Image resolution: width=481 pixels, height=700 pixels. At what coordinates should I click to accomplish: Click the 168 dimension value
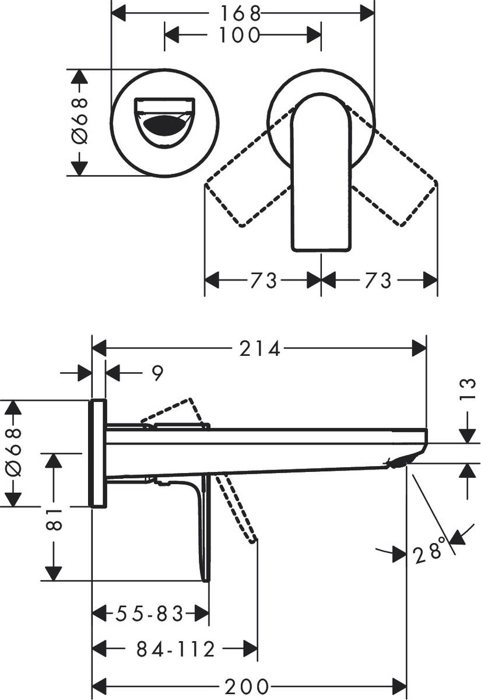click(240, 13)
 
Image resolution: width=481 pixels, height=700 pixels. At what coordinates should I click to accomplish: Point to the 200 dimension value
click(247, 687)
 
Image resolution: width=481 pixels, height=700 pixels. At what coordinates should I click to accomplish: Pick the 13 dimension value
click(468, 390)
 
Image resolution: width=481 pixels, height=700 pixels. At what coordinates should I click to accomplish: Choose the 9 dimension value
click(158, 373)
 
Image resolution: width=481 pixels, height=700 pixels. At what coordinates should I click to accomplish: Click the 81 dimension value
click(54, 520)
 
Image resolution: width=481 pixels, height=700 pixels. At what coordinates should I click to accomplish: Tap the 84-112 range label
click(176, 649)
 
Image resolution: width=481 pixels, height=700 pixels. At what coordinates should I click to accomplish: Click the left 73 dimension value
click(263, 280)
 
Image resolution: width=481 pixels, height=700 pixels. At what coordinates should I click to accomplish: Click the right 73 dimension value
click(378, 280)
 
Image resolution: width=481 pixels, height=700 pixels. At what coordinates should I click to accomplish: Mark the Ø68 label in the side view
click(13, 453)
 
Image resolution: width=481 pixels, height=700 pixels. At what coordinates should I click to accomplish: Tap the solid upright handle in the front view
click(321, 173)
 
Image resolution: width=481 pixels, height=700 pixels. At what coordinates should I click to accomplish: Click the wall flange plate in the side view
click(99, 453)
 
